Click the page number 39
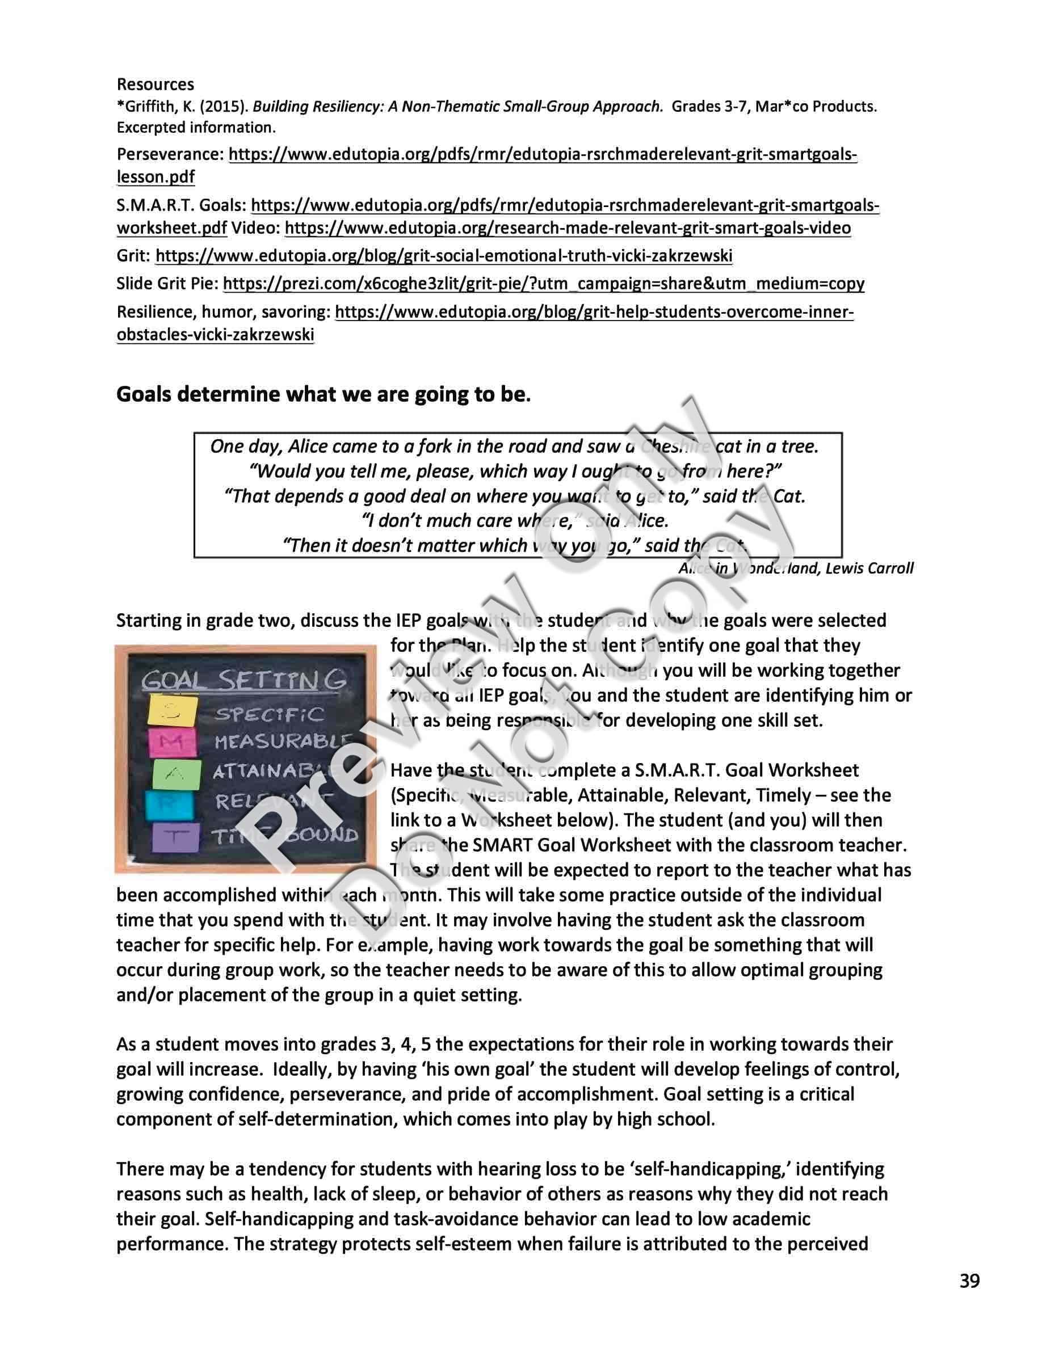(969, 1282)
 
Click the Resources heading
(155, 84)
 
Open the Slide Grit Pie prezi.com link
(543, 283)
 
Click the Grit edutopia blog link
(444, 255)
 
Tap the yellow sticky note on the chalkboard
(172, 711)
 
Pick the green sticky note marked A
(177, 774)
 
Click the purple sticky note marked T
(176, 837)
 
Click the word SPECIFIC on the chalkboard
(269, 714)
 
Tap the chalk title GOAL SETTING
(244, 681)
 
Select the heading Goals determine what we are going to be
(323, 394)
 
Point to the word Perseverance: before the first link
(170, 154)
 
